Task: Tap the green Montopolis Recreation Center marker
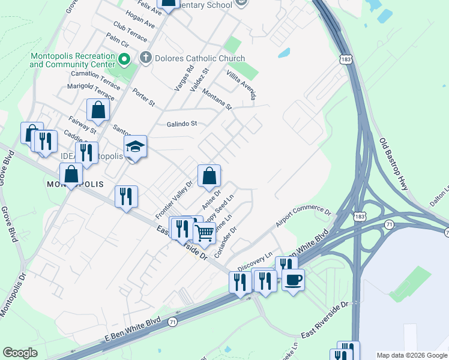(x=124, y=59)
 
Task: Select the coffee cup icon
(x=293, y=279)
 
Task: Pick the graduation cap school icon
(x=135, y=146)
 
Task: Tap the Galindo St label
(x=182, y=124)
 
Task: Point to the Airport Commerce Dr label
(x=303, y=218)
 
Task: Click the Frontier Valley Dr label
(x=174, y=199)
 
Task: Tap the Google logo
(x=20, y=353)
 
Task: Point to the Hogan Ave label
(x=141, y=22)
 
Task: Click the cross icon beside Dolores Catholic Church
(x=145, y=58)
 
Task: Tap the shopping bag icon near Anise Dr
(x=209, y=176)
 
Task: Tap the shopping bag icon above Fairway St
(x=97, y=110)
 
